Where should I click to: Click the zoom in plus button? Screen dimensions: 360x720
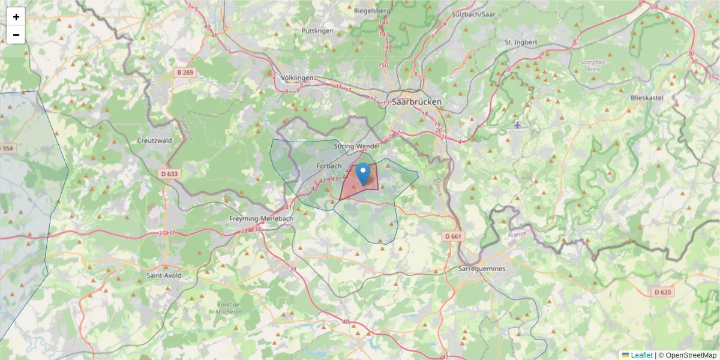pyautogui.click(x=16, y=17)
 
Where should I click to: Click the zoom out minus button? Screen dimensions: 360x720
pyautogui.click(x=16, y=35)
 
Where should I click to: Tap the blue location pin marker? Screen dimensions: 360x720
pyautogui.click(x=363, y=174)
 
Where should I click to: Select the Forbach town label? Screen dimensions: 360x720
pyautogui.click(x=328, y=166)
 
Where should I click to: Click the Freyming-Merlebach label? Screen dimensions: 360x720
pyautogui.click(x=262, y=219)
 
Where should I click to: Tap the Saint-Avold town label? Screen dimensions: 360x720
pyautogui.click(x=164, y=275)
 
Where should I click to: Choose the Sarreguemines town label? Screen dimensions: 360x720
pyautogui.click(x=481, y=268)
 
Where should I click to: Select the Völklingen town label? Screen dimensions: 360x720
pyautogui.click(x=298, y=78)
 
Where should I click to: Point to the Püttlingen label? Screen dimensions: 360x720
pyautogui.click(x=317, y=30)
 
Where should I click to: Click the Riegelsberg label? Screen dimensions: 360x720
pyautogui.click(x=373, y=11)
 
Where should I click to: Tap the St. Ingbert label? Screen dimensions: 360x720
pyautogui.click(x=521, y=42)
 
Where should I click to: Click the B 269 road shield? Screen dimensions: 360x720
pyautogui.click(x=185, y=72)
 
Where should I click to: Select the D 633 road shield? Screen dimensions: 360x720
pyautogui.click(x=170, y=174)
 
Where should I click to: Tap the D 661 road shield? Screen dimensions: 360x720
pyautogui.click(x=454, y=236)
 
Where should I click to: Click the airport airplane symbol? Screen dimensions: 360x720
pyautogui.click(x=517, y=125)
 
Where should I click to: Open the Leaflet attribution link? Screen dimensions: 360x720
pyautogui.click(x=641, y=355)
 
